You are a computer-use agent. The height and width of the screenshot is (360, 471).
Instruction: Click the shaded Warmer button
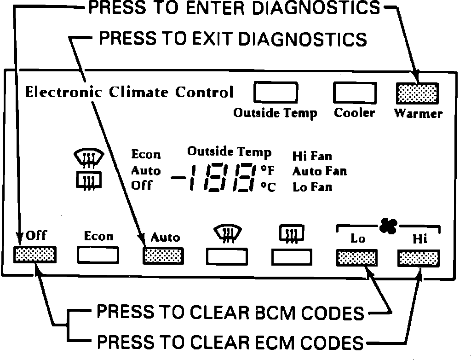(x=417, y=93)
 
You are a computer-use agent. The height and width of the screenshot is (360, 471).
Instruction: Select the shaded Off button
(x=35, y=254)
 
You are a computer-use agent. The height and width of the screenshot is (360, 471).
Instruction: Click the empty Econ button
(x=98, y=255)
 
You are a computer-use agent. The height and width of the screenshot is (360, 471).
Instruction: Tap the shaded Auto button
(x=163, y=255)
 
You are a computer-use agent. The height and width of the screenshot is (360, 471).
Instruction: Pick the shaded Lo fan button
(x=356, y=258)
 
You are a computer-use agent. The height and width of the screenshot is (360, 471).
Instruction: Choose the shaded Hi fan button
(x=418, y=259)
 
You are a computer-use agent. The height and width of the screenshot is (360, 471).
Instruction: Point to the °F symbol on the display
(x=267, y=171)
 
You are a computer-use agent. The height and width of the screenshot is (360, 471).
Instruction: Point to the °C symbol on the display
(x=268, y=187)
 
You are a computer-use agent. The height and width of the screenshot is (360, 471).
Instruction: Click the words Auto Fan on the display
(x=319, y=172)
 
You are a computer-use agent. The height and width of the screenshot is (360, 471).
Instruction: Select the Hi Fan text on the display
(x=312, y=157)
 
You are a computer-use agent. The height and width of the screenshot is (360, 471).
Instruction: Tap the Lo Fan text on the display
(x=312, y=187)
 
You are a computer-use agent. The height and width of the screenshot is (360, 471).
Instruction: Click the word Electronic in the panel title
(x=63, y=92)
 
